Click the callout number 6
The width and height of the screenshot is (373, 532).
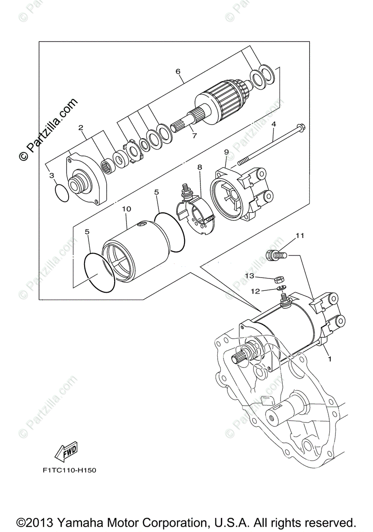coord(178,71)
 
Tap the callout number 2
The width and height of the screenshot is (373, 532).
coord(81,128)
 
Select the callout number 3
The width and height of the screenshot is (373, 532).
coord(52,176)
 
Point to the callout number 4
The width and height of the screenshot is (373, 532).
coord(274,124)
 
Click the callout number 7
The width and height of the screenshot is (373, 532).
coord(194,136)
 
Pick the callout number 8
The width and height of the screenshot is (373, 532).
coord(200,167)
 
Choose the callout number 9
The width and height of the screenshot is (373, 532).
coord(226,152)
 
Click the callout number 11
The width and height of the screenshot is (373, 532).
coord(300,236)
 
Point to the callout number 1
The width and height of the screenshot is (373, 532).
coord(329,360)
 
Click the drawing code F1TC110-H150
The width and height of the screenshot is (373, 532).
coord(66,470)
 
